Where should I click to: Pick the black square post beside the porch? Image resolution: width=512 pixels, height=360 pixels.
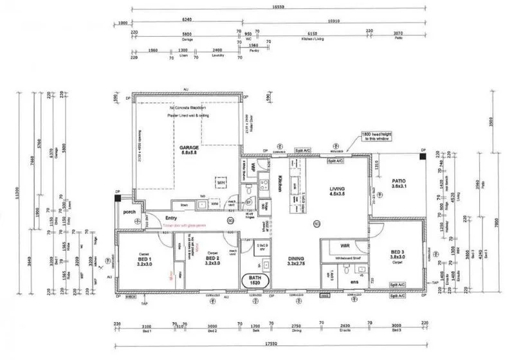click(x=118, y=199)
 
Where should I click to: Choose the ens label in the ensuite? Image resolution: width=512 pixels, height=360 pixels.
click(x=355, y=282)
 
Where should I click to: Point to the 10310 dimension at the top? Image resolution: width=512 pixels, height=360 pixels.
click(x=333, y=21)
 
